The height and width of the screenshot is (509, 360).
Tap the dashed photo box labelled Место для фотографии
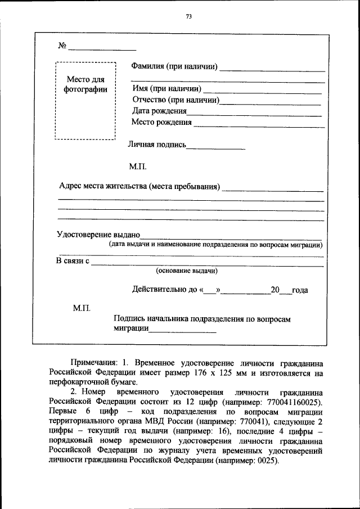click(x=85, y=101)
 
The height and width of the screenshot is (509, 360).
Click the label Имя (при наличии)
click(x=166, y=88)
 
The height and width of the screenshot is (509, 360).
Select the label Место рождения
click(x=161, y=122)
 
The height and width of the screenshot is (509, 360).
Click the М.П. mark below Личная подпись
click(x=138, y=166)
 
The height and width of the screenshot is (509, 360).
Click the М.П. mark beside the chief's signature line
click(x=82, y=308)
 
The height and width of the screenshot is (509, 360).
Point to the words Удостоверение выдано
click(x=98, y=235)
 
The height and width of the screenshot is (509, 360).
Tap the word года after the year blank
click(x=300, y=290)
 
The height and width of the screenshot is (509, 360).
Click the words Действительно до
click(x=163, y=290)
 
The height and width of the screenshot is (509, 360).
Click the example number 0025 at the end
click(x=267, y=460)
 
